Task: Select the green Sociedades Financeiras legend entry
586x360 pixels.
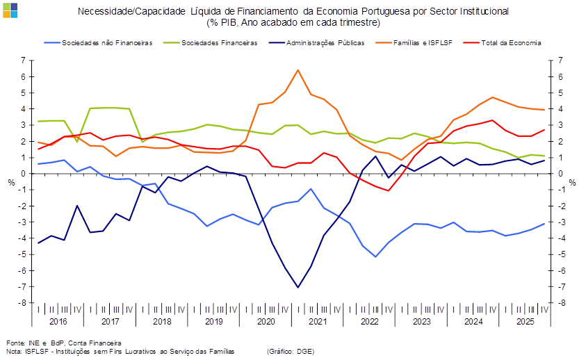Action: click(220, 43)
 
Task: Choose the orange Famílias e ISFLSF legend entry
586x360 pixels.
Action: click(423, 43)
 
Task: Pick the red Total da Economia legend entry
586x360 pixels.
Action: click(514, 43)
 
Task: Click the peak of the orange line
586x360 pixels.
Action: click(298, 69)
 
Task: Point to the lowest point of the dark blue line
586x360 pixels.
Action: click(298, 287)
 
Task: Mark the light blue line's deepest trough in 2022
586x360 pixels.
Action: click(376, 256)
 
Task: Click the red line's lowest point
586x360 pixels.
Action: click(389, 190)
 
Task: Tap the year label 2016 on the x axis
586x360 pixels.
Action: click(58, 322)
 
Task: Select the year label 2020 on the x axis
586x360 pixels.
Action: click(266, 322)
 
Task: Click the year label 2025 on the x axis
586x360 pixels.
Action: click(526, 322)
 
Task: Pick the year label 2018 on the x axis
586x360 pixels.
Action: click(162, 322)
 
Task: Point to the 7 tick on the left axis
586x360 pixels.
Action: click(24, 60)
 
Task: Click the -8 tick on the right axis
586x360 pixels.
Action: click(562, 303)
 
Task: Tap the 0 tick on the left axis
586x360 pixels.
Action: click(24, 174)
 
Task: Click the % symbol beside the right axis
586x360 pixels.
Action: click(572, 183)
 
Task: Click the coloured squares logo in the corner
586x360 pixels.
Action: click(10, 10)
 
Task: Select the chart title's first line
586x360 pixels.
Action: click(293, 11)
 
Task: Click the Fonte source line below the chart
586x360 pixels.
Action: click(63, 343)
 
